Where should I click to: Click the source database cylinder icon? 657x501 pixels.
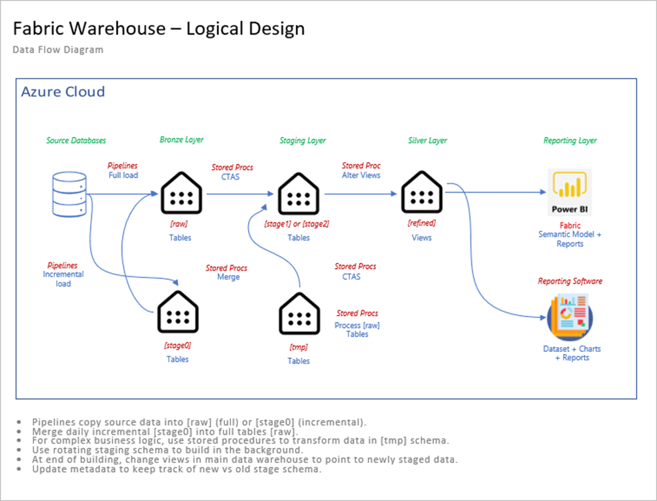(69, 194)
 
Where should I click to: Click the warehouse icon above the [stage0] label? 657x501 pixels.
(177, 314)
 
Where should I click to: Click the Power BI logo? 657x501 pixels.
(570, 192)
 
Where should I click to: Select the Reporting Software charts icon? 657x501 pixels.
(570, 315)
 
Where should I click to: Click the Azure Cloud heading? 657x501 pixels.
(63, 92)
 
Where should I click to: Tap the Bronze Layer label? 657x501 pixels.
(181, 140)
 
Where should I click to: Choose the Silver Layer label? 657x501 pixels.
(428, 140)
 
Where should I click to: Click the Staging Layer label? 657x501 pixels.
(302, 140)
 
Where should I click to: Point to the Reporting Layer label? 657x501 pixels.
(570, 140)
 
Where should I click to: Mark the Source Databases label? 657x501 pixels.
(76, 140)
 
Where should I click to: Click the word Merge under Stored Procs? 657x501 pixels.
(228, 277)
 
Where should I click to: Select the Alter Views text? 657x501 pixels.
(361, 175)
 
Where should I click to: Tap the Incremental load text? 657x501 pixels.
(63, 279)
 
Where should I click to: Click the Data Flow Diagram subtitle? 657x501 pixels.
(58, 50)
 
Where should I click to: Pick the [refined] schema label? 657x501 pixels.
(421, 223)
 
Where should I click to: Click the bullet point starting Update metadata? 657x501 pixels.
(177, 469)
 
